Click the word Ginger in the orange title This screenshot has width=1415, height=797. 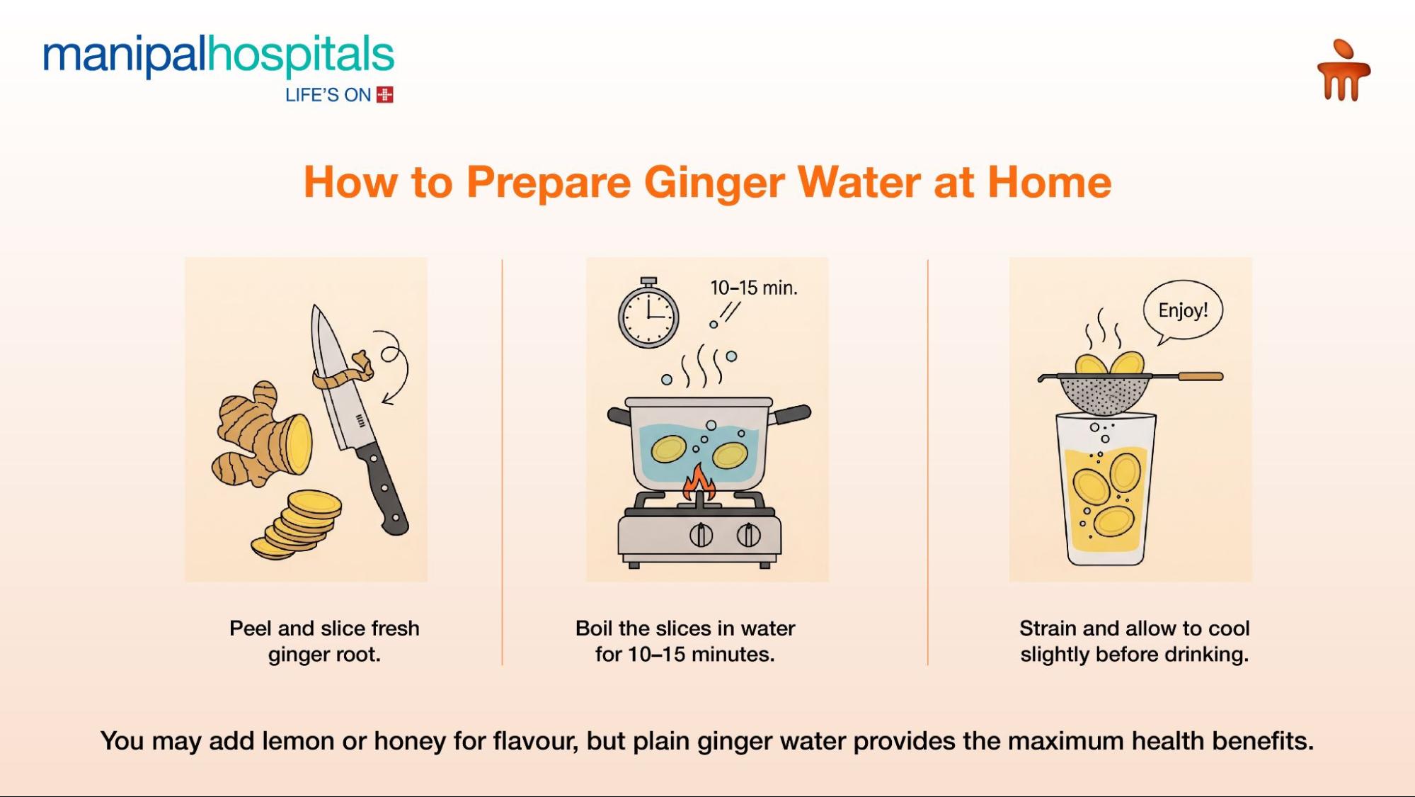(x=714, y=183)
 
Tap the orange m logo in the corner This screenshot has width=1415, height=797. (x=1343, y=72)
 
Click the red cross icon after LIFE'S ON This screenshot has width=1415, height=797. (x=384, y=95)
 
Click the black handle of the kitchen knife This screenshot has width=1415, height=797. (x=383, y=489)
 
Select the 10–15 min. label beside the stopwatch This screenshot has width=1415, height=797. (x=753, y=288)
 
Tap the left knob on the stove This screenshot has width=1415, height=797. (x=701, y=535)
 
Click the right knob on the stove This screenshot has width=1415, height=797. (x=748, y=535)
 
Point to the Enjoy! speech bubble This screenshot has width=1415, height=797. (x=1183, y=310)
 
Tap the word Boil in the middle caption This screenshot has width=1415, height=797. (x=593, y=628)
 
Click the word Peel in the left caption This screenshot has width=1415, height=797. (x=251, y=628)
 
